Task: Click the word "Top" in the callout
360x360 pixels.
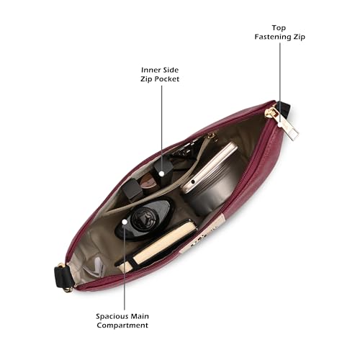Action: (x=279, y=28)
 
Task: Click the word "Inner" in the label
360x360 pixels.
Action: (x=150, y=70)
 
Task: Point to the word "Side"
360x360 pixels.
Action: (x=171, y=70)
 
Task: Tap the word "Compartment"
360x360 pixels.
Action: (x=122, y=325)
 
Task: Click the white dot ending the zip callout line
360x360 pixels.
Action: (x=280, y=125)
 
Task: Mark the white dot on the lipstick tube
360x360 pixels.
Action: (x=162, y=174)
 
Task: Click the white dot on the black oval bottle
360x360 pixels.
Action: (x=125, y=222)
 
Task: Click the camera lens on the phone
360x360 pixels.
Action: (x=193, y=182)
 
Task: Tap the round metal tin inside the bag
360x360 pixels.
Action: (x=210, y=182)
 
